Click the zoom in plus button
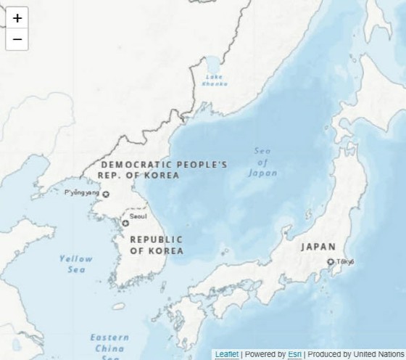coord(17,18)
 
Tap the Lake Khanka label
coord(215,81)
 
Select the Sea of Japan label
coord(262,162)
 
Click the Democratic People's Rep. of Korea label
coord(163,170)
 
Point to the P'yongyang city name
coord(82,193)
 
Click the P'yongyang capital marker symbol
coord(106,194)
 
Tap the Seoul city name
coord(138,216)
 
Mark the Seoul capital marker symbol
coord(125,223)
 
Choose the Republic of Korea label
coord(156,245)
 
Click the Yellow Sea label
coord(76,263)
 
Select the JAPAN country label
coord(318,247)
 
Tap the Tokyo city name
coord(346,261)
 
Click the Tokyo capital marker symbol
coord(331,262)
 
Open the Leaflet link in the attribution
coord(226,354)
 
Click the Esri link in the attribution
coord(294,354)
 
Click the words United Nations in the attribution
coord(378,354)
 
